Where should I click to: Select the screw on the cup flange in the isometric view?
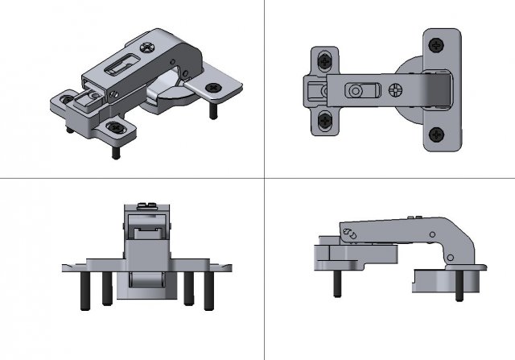coord(214,87)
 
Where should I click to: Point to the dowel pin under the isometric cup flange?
coord(214,107)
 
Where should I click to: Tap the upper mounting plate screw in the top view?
coord(324,60)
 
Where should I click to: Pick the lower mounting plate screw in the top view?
coord(324,121)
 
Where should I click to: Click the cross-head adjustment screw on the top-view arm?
coord(397,89)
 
